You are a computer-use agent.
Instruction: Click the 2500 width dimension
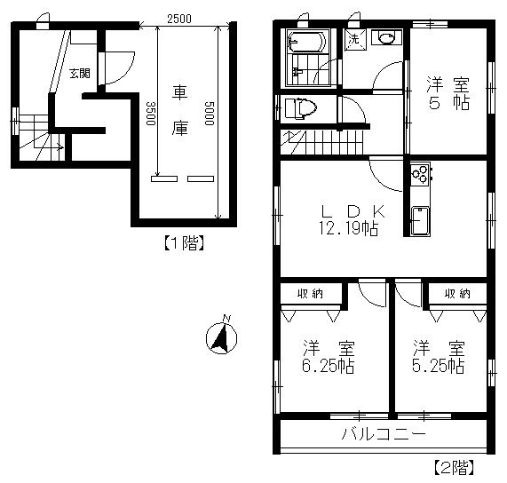(179, 19)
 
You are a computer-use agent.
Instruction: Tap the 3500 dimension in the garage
(151, 113)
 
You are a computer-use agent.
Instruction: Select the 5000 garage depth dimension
(210, 113)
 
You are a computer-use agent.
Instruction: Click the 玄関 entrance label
(80, 74)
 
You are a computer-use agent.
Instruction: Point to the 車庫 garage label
(179, 110)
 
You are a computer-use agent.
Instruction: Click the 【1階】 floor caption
(184, 243)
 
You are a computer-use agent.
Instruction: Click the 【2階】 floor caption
(454, 467)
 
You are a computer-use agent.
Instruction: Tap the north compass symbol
(221, 337)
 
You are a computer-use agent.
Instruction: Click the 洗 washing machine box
(355, 40)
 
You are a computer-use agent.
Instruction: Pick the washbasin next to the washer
(386, 37)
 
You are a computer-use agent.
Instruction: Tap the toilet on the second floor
(300, 108)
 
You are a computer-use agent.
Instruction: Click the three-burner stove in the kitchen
(420, 175)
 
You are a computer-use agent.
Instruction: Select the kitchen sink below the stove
(420, 221)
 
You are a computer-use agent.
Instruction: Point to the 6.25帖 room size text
(328, 367)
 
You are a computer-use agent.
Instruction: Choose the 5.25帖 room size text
(438, 367)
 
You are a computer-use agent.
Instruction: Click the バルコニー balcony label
(384, 433)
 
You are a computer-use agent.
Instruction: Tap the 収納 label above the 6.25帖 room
(310, 294)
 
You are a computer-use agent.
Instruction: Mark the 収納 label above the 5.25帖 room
(457, 294)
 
